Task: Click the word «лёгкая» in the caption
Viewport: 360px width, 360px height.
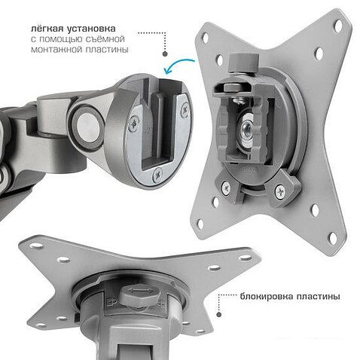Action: [47, 29]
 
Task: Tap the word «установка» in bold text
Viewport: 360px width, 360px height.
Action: [92, 29]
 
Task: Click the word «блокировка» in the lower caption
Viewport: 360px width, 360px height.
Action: [267, 297]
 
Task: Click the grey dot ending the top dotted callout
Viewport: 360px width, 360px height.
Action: [165, 53]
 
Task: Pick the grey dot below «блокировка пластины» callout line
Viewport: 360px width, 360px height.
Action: [218, 314]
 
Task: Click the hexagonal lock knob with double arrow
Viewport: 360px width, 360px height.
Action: [139, 293]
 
